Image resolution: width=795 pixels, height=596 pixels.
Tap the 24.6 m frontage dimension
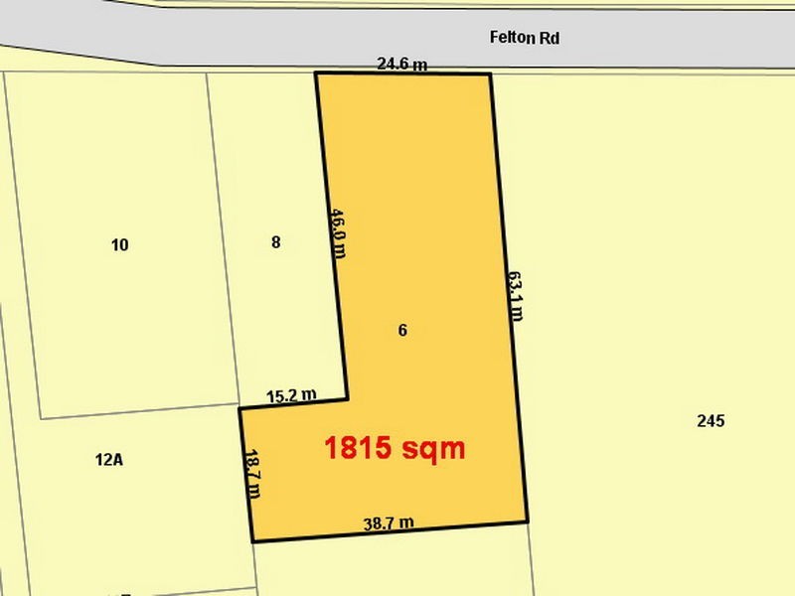click(x=402, y=65)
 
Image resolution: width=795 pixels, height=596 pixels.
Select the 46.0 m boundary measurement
click(x=338, y=231)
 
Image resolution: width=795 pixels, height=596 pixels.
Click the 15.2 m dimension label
click(x=291, y=395)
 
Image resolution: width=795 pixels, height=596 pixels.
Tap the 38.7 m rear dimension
click(x=389, y=522)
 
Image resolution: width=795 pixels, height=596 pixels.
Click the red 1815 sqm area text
click(x=395, y=448)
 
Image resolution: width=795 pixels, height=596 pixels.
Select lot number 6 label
click(x=402, y=331)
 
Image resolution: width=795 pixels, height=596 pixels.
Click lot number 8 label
click(x=276, y=242)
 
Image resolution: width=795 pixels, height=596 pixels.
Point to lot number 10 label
click(x=120, y=245)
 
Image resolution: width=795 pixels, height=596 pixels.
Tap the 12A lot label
click(x=110, y=460)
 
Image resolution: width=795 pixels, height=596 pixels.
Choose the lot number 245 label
click(x=711, y=421)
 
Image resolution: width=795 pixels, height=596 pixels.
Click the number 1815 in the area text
click(x=358, y=448)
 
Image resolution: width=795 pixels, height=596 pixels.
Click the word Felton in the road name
click(x=510, y=39)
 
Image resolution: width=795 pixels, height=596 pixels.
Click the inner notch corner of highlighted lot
click(x=347, y=399)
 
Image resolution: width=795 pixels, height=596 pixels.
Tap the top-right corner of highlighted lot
click(x=490, y=74)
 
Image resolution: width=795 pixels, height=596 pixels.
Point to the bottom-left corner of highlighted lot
click(x=253, y=541)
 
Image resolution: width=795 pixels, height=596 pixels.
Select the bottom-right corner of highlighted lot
click(x=527, y=521)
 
